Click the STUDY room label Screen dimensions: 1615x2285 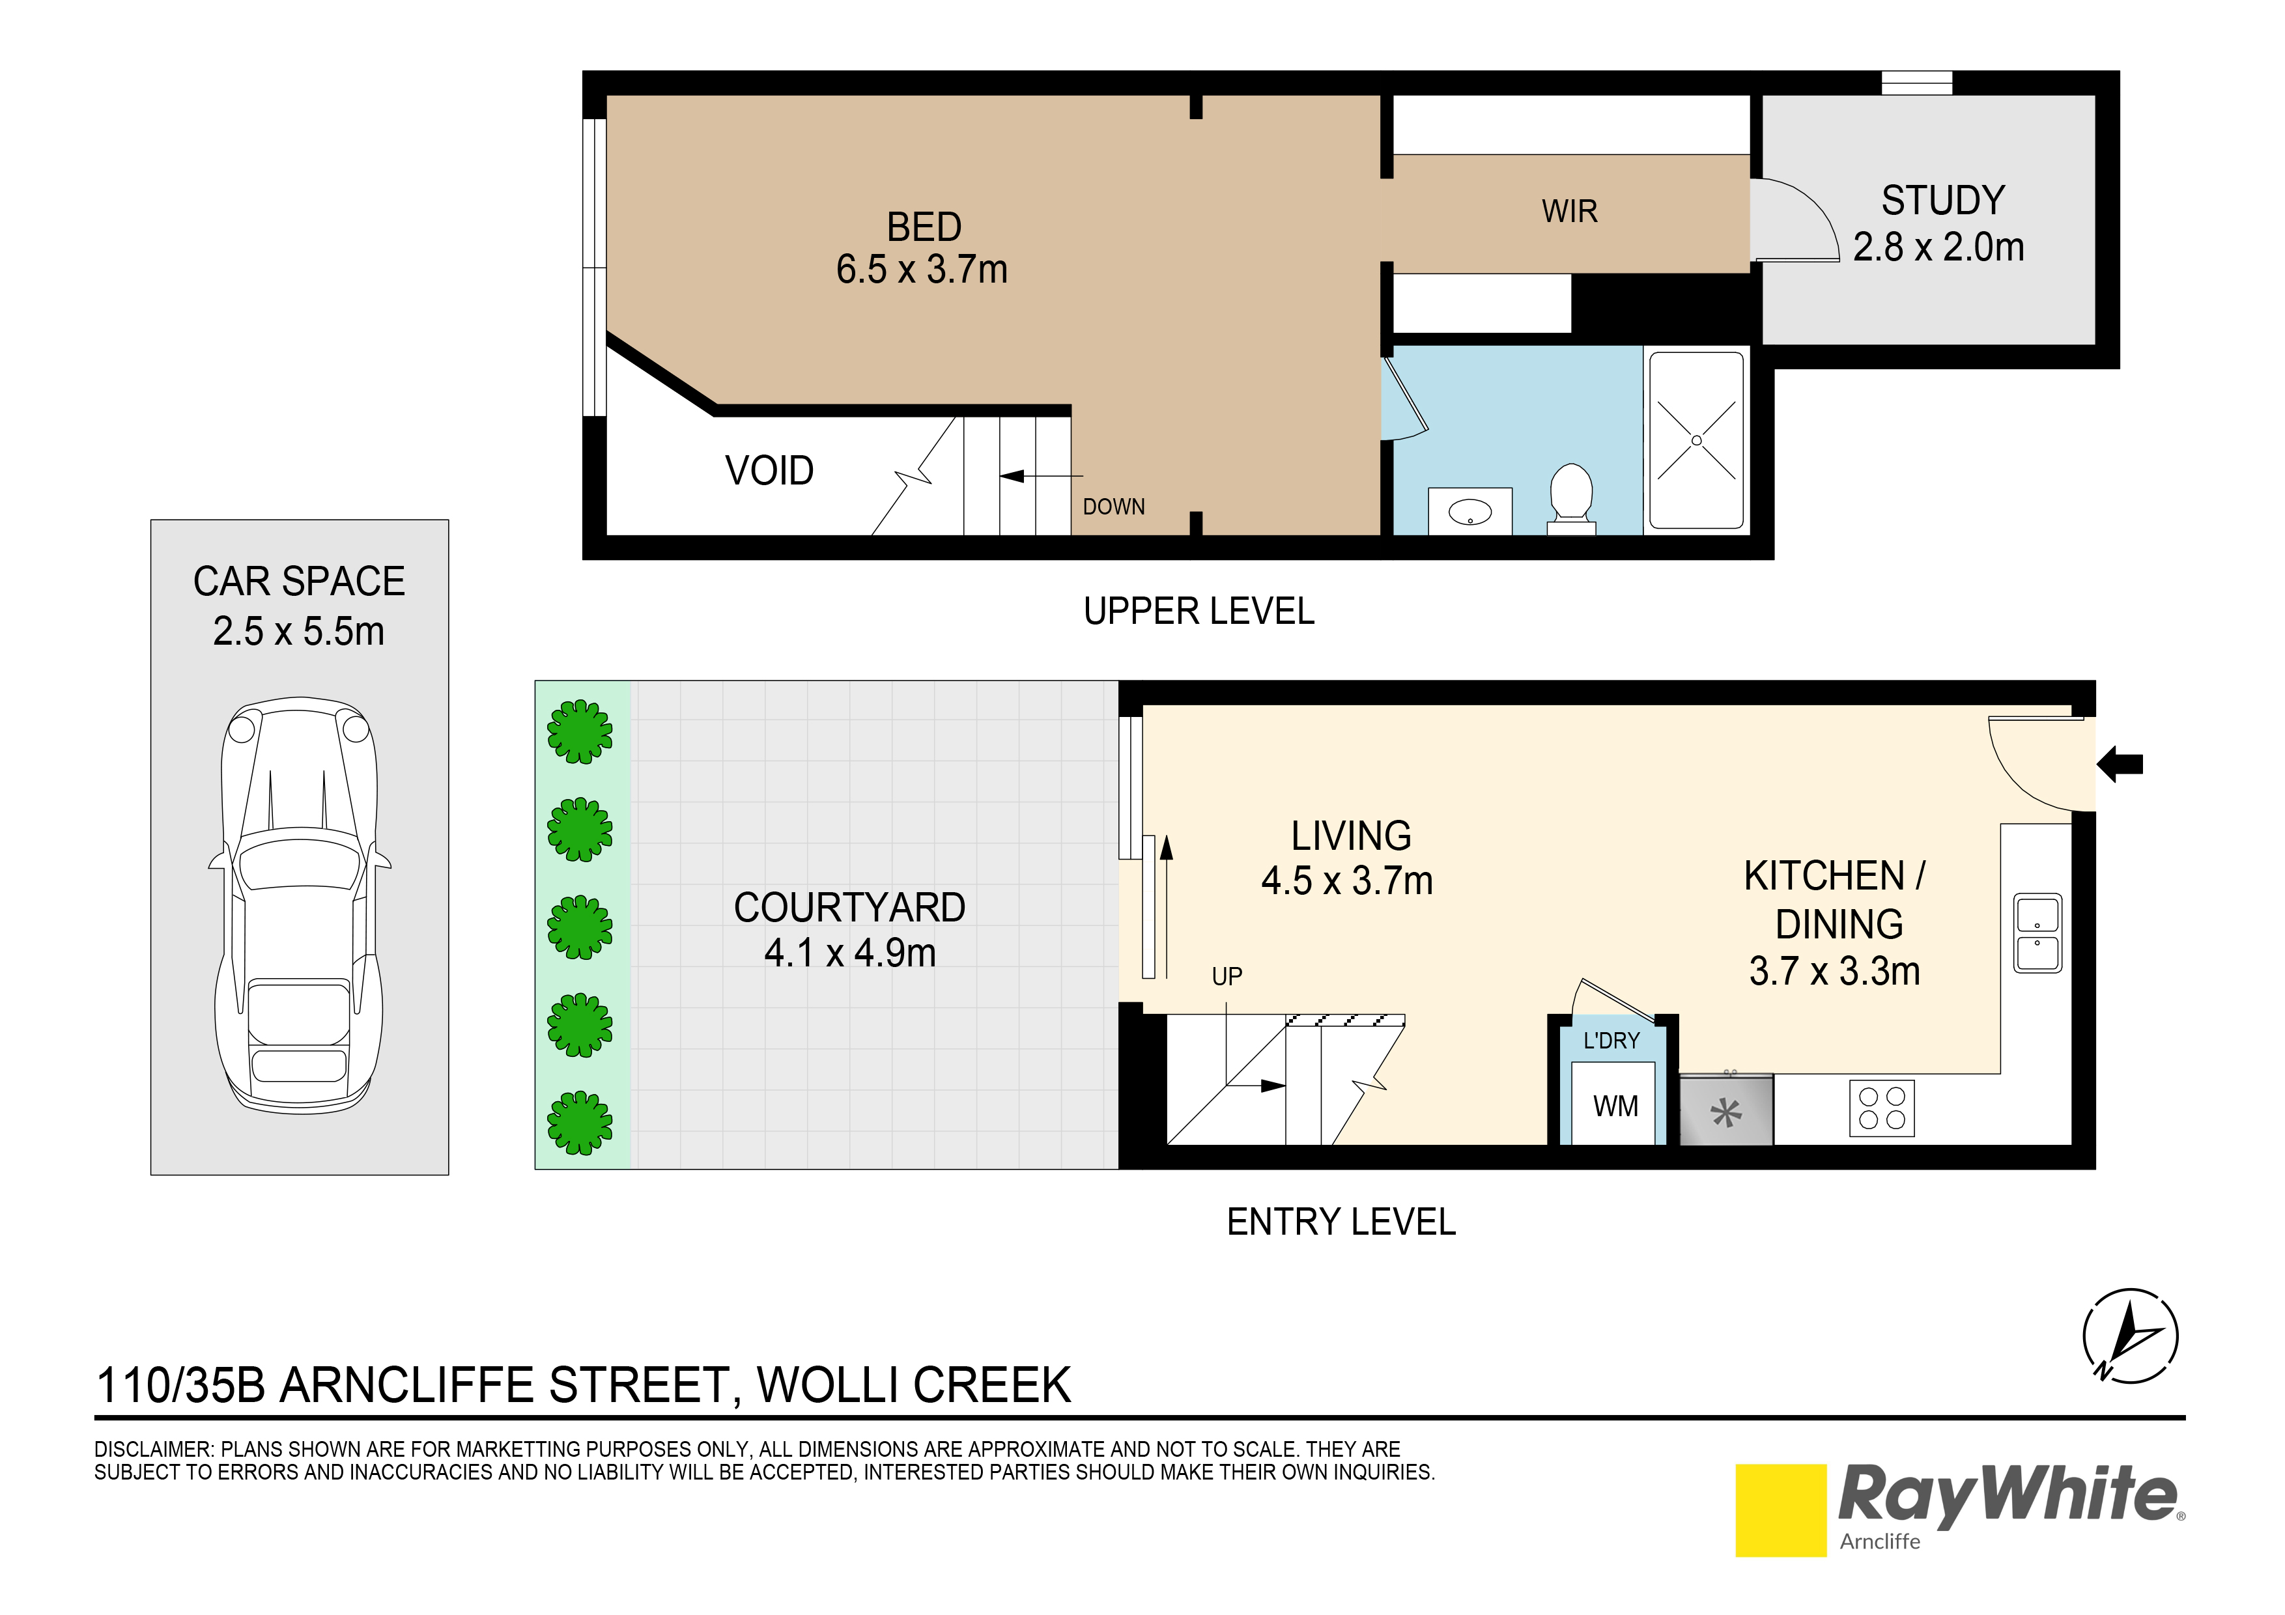coord(1942,201)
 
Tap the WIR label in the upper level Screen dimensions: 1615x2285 coord(1569,211)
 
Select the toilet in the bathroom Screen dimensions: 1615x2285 coord(1572,494)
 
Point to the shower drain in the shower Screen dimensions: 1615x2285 coord(1697,441)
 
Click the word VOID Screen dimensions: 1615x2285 coord(769,471)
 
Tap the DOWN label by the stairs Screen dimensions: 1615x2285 coord(1114,507)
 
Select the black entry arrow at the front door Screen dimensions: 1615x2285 coord(2121,765)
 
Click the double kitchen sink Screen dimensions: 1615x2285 coord(2037,933)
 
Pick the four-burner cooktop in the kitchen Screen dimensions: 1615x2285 coord(1882,1108)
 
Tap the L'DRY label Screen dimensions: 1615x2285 coord(1611,1041)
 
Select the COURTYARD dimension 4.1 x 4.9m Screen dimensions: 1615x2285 coord(850,953)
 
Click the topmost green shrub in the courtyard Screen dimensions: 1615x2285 coord(580,733)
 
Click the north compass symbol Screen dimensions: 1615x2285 coord(2131,1336)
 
